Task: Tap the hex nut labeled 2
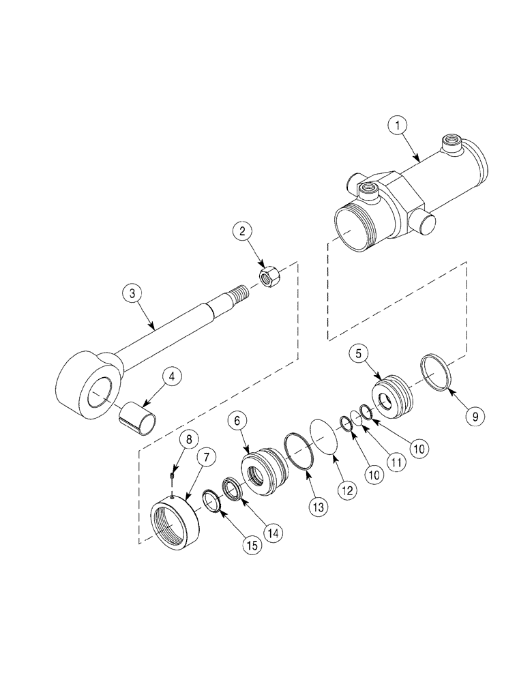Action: point(267,277)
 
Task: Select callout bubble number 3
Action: point(132,295)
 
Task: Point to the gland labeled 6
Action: point(262,473)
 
